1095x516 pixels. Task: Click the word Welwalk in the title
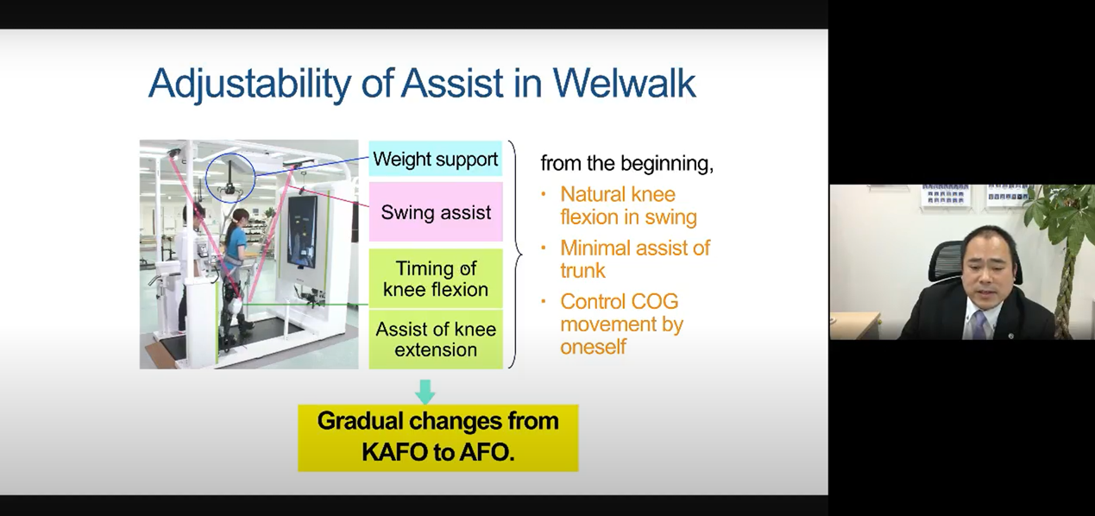coord(624,83)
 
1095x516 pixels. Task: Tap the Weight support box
coord(436,158)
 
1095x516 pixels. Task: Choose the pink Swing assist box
coord(436,211)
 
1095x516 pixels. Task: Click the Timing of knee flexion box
coord(436,279)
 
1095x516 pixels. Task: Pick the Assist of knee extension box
coord(436,339)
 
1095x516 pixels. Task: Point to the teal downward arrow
coord(425,392)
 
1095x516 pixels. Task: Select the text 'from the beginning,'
coord(626,163)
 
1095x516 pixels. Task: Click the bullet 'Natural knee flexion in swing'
coord(628,205)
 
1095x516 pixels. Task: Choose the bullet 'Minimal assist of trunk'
coord(634,259)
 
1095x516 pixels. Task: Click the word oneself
coord(593,347)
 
